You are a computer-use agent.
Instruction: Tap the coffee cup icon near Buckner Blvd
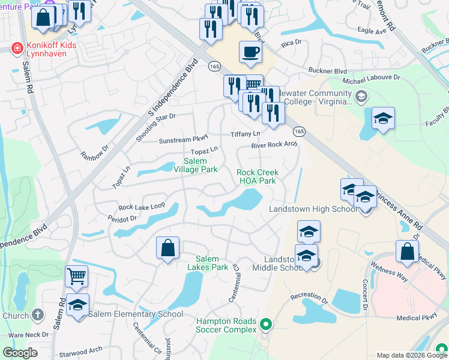(x=250, y=52)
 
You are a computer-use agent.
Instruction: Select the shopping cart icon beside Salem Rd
(x=77, y=277)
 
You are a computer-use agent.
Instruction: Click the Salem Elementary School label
(x=136, y=314)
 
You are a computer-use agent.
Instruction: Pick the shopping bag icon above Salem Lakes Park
(x=167, y=247)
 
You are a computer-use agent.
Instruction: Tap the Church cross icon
(x=37, y=315)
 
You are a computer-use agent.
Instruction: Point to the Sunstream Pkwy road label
(x=182, y=140)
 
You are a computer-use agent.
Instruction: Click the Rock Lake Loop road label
(x=142, y=207)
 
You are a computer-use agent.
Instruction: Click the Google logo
(x=20, y=353)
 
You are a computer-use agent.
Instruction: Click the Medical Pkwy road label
(x=417, y=318)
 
